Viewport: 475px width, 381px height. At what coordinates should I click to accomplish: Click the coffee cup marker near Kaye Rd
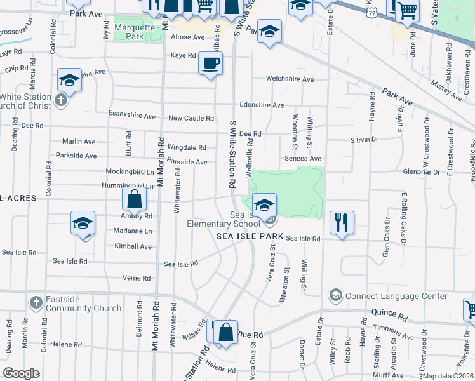[x=210, y=63]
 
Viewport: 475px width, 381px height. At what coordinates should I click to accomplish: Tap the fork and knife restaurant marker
[x=342, y=222]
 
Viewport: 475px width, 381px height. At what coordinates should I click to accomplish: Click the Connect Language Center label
[x=384, y=296]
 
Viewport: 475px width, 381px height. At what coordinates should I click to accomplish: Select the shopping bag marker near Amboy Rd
[x=135, y=199]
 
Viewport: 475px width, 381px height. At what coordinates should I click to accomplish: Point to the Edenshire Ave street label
[x=262, y=105]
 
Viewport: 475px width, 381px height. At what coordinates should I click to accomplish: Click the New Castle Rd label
[x=191, y=118]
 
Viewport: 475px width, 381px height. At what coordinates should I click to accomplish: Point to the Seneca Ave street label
[x=303, y=159]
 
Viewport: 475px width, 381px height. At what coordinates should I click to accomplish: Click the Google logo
[x=21, y=373]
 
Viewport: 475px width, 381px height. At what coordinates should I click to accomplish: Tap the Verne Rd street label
[x=137, y=278]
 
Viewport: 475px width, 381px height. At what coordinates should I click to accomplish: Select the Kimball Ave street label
[x=133, y=246]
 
